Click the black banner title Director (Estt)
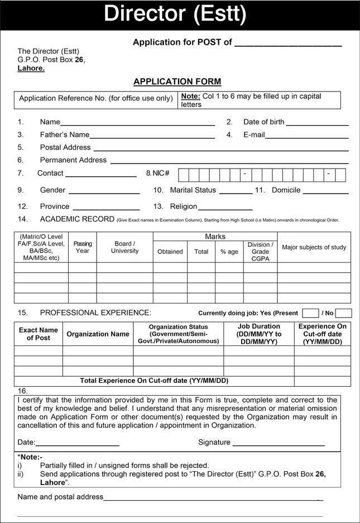coord(175,15)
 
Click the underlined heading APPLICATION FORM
coord(177,81)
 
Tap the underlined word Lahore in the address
coord(31,68)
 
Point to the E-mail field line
coord(306,136)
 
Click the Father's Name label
coord(64,135)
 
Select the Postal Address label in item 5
coord(65,147)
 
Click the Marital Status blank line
coord(236,192)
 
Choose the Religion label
coord(184,207)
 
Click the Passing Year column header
coord(83,247)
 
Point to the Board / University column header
coord(124,247)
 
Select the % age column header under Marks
coord(229,252)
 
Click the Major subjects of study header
coord(314,247)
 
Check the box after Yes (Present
coord(310,313)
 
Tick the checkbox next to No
coord(344,313)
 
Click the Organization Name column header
coord(98,334)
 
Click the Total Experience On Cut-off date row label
coord(155,381)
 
